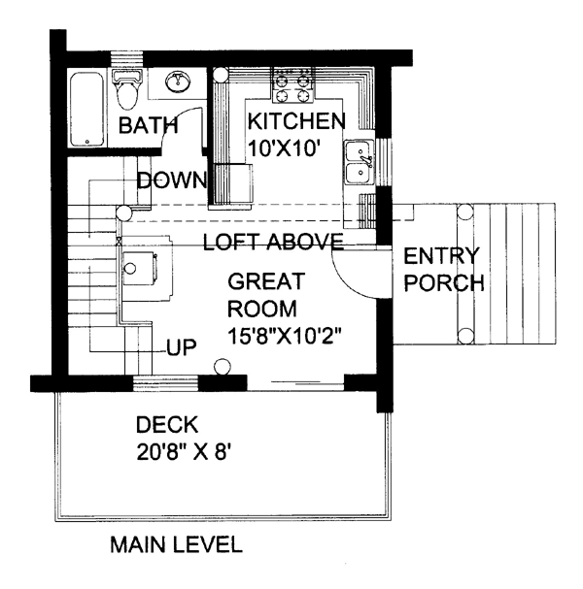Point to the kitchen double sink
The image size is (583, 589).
coord(359,161)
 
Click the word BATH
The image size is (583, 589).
coord(148,125)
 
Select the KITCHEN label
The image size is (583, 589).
coord(295,121)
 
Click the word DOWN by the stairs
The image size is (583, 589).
coord(171,180)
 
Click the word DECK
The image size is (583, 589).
coord(167,424)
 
